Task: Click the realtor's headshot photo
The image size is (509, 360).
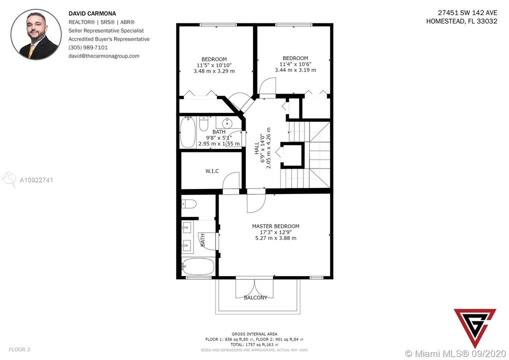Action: coord(36,34)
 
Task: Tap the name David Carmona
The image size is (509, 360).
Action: coord(92,13)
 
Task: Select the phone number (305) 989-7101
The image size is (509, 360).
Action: coord(88,47)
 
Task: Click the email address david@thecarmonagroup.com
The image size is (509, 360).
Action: coord(104,56)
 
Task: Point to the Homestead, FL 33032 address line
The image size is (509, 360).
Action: coord(461,21)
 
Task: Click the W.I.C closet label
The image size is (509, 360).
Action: coord(212,171)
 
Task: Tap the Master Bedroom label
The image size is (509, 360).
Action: coord(275,226)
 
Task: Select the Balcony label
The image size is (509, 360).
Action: coord(255,297)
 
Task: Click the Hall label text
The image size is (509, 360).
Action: coord(256,147)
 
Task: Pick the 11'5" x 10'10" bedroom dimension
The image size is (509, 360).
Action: coord(214,65)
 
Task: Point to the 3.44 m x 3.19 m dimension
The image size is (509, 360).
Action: coord(295,70)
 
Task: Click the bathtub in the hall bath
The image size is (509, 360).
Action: coord(187,132)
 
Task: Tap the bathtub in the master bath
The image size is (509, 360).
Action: coord(198,266)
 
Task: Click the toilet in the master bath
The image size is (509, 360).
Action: coord(189,204)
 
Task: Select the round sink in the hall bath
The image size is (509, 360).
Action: coord(226,122)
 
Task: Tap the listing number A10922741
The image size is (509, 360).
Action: coord(36,180)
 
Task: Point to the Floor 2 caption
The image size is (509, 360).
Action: coord(19,349)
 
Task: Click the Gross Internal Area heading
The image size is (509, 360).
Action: coord(254,334)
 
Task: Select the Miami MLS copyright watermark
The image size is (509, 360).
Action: coord(456,353)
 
